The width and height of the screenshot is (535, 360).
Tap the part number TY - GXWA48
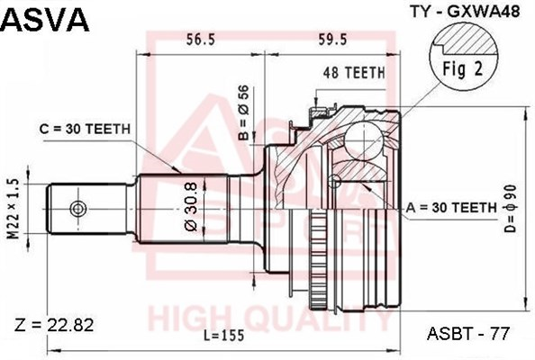pos(466,12)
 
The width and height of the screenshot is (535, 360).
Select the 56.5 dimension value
pos(200,40)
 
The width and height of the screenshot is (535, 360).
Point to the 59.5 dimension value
pos(332,40)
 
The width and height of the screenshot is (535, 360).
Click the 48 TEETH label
pos(354,72)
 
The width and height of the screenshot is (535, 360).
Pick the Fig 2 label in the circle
pos(463,69)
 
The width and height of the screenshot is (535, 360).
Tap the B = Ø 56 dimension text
pos(244,112)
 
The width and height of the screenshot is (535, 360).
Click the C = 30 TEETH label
pos(85,129)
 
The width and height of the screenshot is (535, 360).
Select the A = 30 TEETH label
pos(451,207)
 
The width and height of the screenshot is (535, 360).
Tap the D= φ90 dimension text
pos(510,209)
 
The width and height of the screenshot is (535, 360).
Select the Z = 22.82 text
pos(54,326)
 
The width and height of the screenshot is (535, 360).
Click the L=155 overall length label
pos(224,336)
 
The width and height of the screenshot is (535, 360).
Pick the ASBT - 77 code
pos(468,333)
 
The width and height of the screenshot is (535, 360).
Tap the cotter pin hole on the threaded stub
pos(78,209)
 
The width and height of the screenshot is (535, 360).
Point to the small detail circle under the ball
pos(335,181)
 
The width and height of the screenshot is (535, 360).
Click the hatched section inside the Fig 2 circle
pos(469,40)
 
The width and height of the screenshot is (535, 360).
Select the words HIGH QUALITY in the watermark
pos(270,320)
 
